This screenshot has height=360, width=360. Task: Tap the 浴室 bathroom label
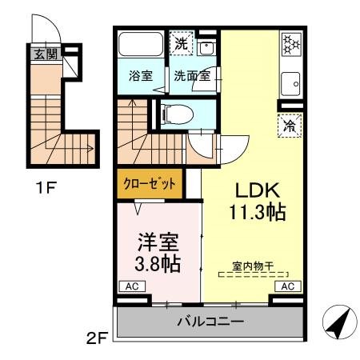[x=142, y=77]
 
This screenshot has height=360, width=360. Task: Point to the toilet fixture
[x=174, y=114]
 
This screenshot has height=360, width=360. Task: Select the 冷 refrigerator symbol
[x=290, y=125]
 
